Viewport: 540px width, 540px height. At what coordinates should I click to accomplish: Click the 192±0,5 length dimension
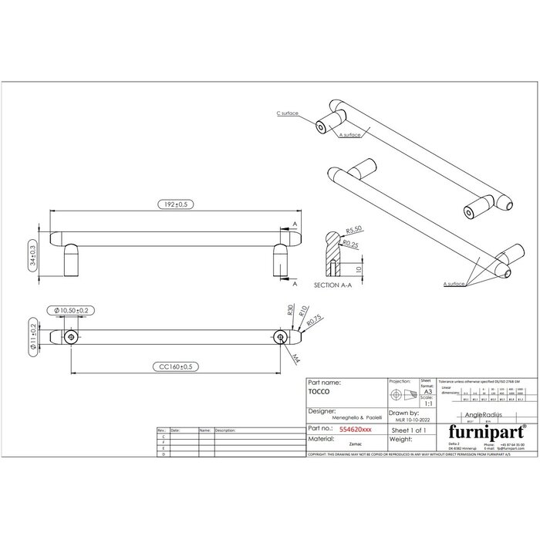click(175, 204)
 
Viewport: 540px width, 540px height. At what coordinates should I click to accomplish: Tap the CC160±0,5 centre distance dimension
click(177, 367)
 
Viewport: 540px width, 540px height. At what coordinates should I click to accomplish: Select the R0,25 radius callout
click(352, 245)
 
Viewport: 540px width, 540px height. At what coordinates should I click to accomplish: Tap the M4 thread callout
click(295, 357)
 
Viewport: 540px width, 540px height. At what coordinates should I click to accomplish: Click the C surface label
click(288, 113)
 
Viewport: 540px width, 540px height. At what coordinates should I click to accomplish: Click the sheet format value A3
click(427, 392)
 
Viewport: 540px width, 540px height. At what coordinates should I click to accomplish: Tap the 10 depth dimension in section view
click(359, 270)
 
